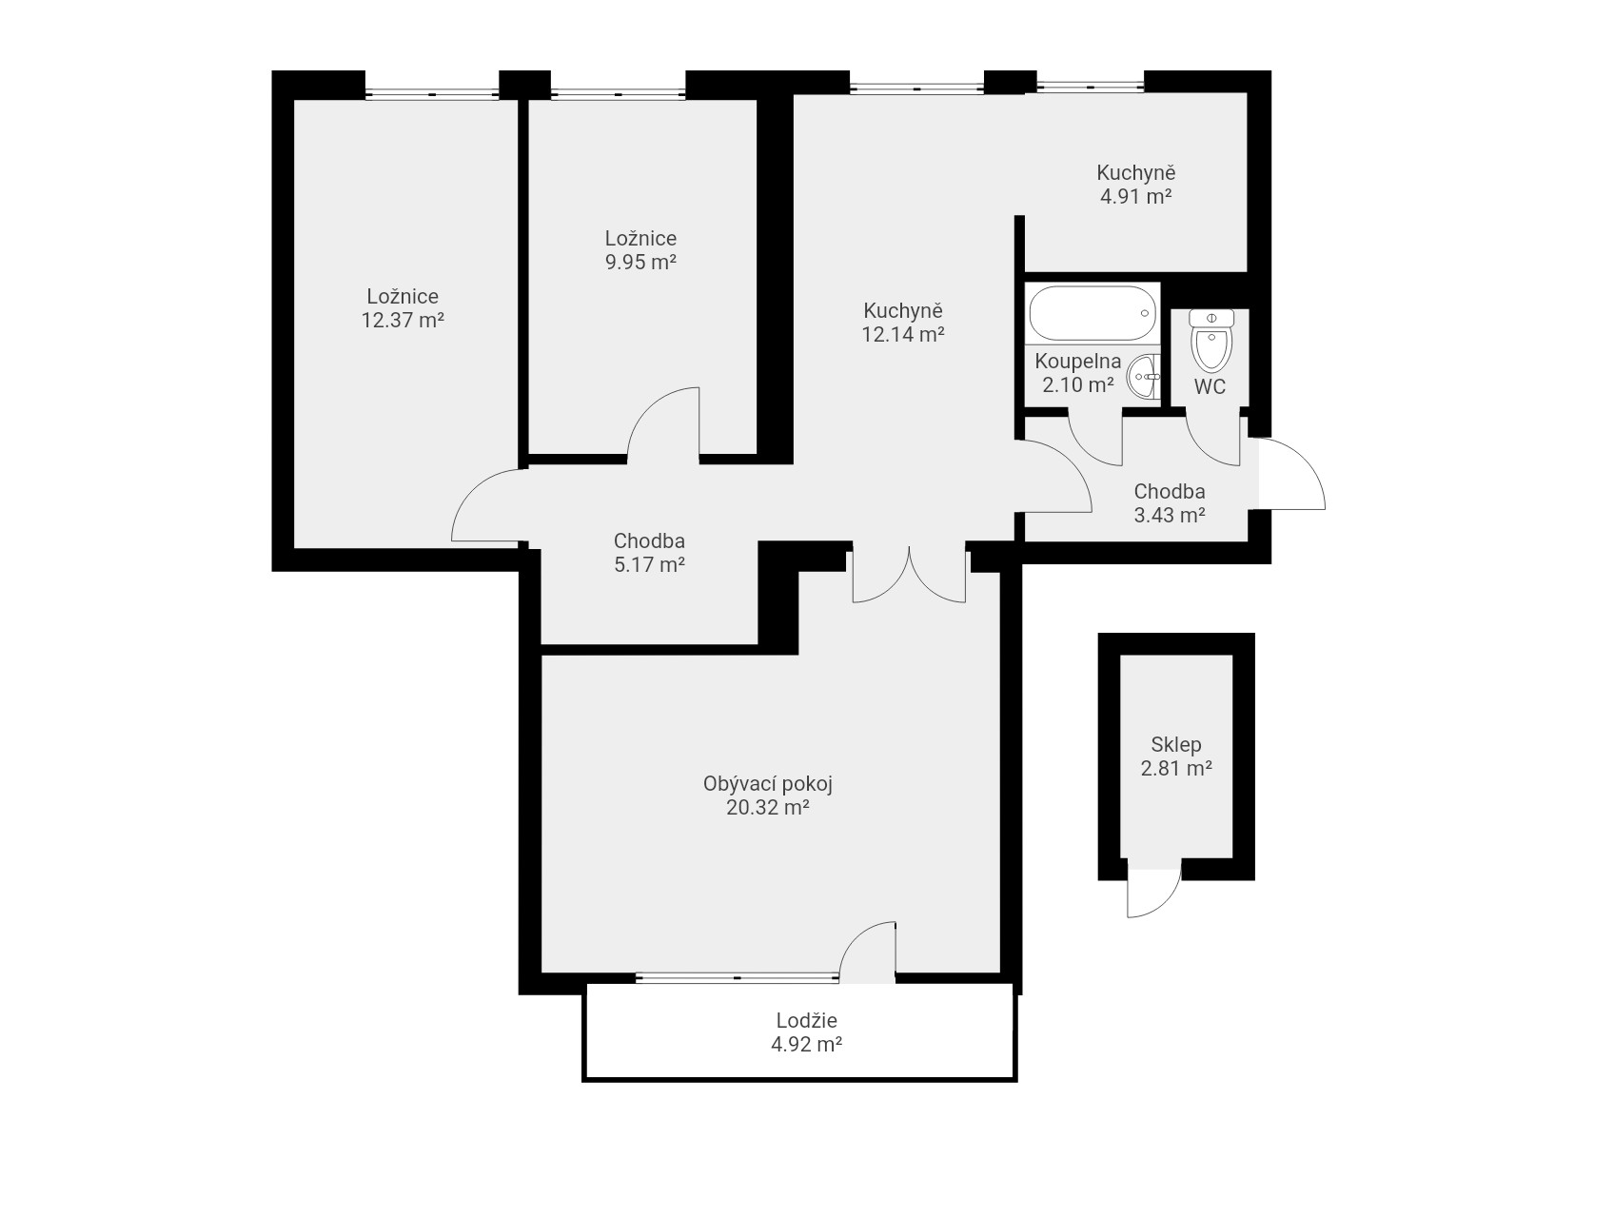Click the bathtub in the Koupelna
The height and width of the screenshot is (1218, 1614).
pos(1093,313)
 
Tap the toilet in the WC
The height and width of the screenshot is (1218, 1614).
pos(1210,340)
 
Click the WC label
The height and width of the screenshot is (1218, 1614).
pos(1210,387)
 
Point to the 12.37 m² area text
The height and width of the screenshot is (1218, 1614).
pos(403,320)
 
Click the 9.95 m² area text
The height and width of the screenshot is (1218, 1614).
pos(640,262)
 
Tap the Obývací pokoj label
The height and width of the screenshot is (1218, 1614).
pos(768,785)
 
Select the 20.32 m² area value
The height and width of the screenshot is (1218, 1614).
pos(767,808)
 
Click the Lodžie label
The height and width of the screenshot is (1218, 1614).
pos(807,1021)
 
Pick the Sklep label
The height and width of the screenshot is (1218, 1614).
pos(1176,744)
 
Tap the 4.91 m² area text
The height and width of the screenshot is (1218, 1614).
pos(1135,197)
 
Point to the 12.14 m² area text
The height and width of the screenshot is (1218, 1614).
pos(903,334)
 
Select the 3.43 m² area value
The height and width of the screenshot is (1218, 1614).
pos(1170,516)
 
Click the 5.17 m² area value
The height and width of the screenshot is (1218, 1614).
pos(649,565)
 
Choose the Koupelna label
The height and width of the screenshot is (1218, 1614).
pos(1078,362)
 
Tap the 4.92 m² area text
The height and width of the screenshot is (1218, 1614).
pos(807,1044)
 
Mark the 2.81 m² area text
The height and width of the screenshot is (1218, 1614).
pos(1176,768)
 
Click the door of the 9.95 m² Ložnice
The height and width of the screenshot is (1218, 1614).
pos(663,423)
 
